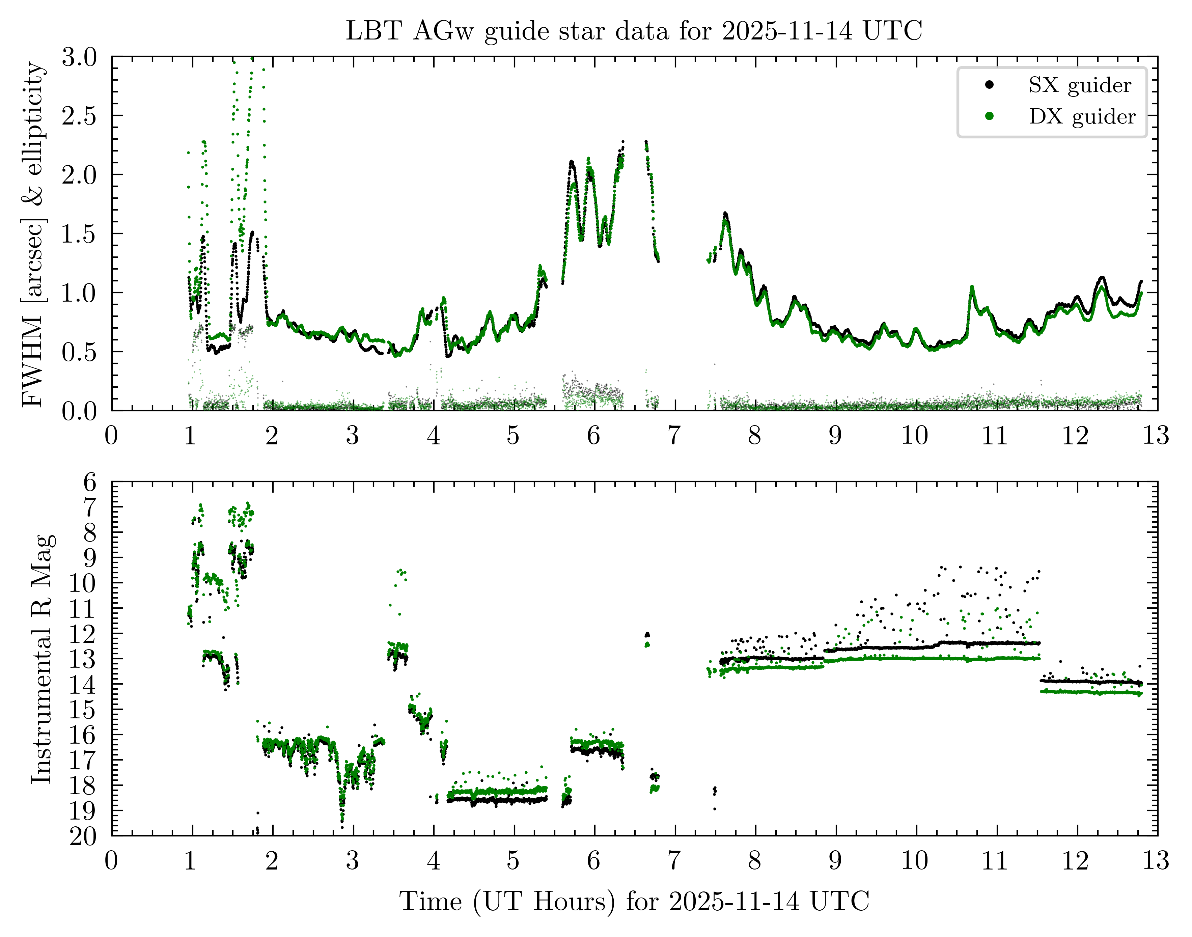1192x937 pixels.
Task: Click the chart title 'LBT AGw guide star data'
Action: [634, 31]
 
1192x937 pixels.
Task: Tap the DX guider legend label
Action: [1081, 116]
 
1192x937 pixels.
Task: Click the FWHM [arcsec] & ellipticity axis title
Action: [34, 234]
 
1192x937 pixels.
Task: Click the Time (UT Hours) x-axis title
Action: [634, 901]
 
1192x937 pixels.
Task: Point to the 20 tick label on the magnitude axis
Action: [83, 836]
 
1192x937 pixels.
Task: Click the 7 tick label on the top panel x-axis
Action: [674, 436]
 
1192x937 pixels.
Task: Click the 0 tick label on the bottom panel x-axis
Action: [111, 861]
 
